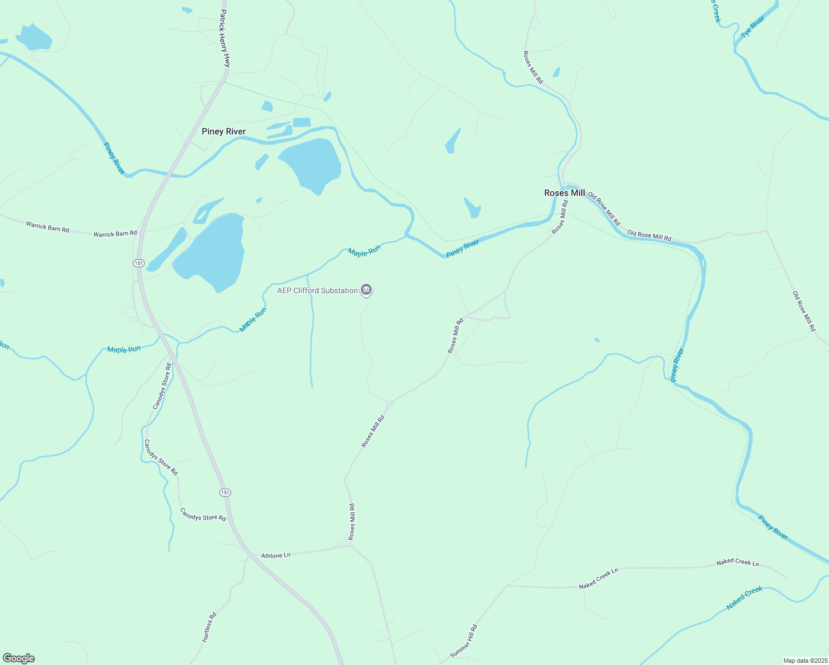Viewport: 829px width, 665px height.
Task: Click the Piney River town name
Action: tap(223, 131)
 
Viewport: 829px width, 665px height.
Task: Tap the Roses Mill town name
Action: tap(564, 193)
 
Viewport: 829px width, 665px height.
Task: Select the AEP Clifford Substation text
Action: tap(318, 290)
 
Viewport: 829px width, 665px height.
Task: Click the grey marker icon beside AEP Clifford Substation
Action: tap(366, 290)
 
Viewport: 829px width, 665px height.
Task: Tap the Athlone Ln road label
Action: tap(275, 555)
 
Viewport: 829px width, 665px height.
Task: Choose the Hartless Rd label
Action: tap(209, 627)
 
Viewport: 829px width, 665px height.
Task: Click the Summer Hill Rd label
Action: tap(463, 641)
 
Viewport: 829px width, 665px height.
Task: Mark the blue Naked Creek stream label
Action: tap(744, 598)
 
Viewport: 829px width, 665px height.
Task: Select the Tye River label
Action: tap(753, 27)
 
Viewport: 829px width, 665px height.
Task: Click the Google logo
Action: tap(18, 658)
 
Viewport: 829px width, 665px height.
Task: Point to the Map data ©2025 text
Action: tap(805, 661)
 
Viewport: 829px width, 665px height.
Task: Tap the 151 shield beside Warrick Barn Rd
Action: tap(139, 263)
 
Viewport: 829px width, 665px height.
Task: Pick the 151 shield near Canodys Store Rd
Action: tap(224, 493)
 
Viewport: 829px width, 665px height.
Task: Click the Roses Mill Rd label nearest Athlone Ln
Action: tap(351, 521)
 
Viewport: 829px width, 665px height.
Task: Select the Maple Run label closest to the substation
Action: tap(364, 252)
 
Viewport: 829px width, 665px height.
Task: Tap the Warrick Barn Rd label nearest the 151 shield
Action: tap(115, 234)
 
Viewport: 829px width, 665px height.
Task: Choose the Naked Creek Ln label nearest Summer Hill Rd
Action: tap(598, 579)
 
